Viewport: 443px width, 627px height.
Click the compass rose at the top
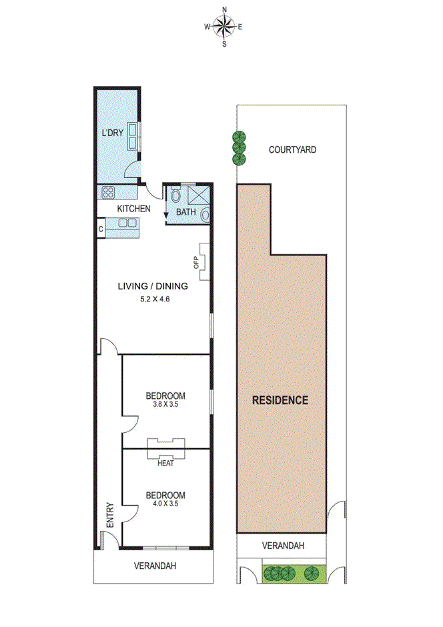(x=224, y=27)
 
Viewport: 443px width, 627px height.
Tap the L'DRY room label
(x=112, y=133)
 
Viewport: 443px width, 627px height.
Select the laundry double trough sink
(x=133, y=137)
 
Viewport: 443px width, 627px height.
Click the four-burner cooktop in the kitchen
(x=107, y=192)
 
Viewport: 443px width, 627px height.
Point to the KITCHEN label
(x=133, y=209)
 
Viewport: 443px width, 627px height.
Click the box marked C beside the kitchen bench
(x=101, y=229)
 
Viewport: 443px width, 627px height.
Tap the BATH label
(x=185, y=213)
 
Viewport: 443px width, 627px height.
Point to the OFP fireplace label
(x=196, y=263)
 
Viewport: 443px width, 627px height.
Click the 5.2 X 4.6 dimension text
(x=152, y=299)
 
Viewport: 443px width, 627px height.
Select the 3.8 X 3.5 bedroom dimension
(x=165, y=404)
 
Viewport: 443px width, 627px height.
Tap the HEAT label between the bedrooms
(x=165, y=463)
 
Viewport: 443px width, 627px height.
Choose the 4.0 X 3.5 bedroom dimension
(x=165, y=504)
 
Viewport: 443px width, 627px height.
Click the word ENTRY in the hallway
(x=110, y=515)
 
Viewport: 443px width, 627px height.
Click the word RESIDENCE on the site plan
(x=280, y=400)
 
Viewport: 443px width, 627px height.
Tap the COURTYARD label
(x=292, y=149)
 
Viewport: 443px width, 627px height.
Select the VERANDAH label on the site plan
(x=282, y=545)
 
